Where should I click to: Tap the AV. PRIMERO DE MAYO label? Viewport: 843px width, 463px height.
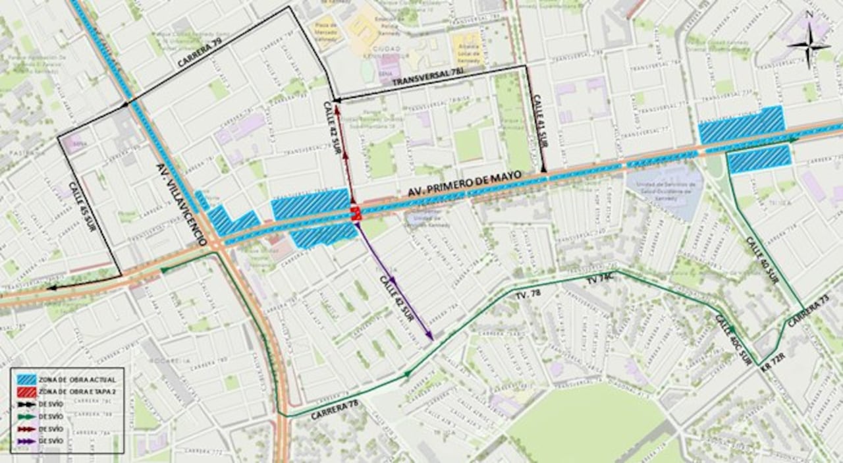464,184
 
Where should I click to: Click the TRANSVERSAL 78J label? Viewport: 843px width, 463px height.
423,80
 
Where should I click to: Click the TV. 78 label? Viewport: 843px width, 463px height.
525,296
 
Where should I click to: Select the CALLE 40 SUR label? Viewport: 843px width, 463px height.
762,260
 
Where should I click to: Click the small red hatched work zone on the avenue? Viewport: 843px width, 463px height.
356,213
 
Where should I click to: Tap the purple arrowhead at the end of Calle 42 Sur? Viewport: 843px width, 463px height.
429,337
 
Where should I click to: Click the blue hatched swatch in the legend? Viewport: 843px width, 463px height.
28,380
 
